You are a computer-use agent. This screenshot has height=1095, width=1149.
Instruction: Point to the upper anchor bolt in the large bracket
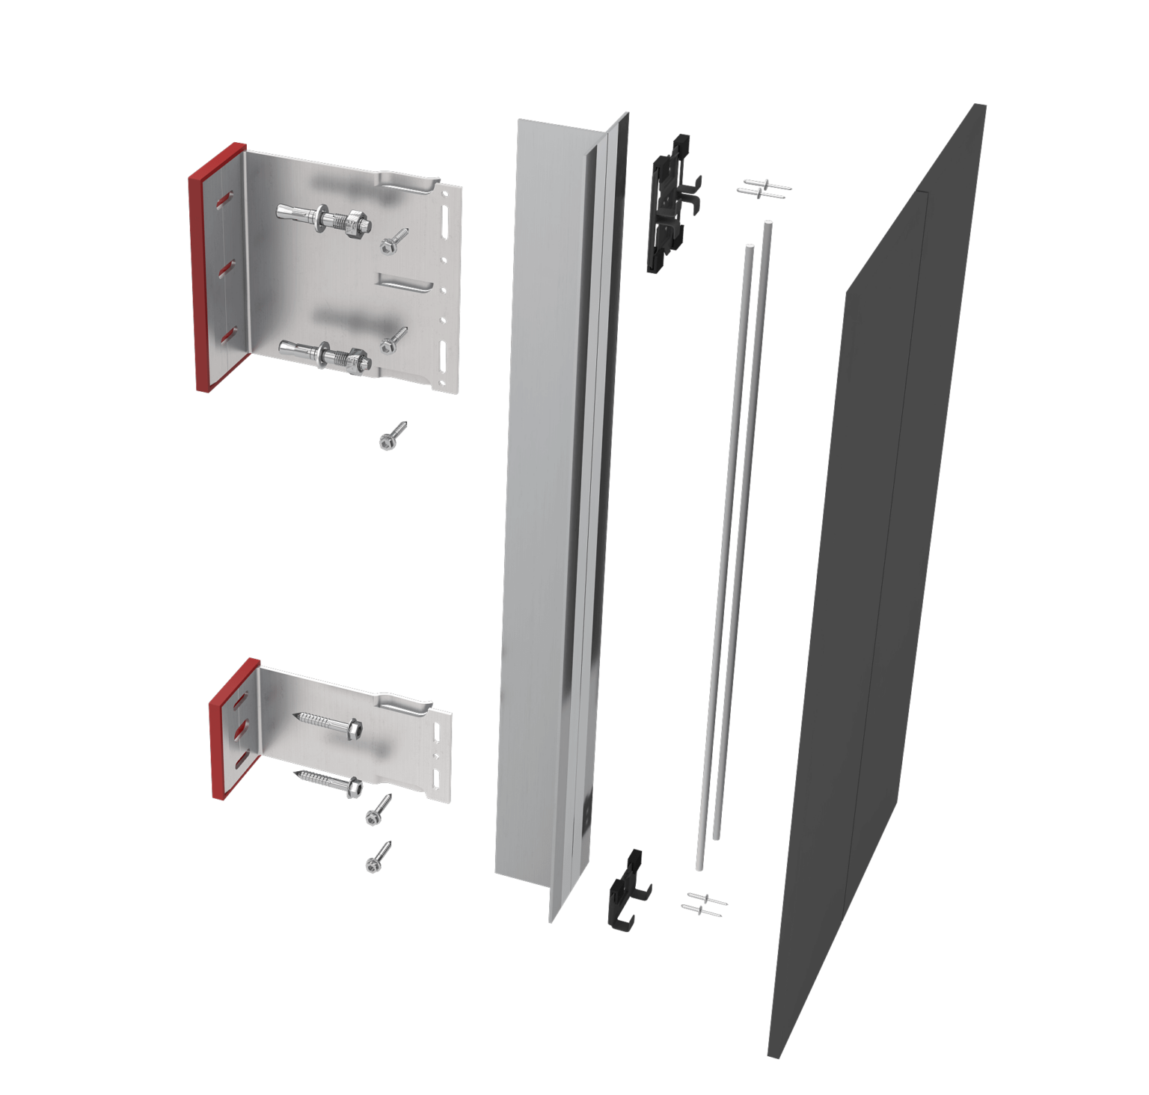pyautogui.click(x=322, y=218)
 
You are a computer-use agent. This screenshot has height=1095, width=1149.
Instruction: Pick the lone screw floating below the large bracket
pyautogui.click(x=393, y=436)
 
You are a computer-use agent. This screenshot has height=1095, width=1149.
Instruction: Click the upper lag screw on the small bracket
pyautogui.click(x=329, y=723)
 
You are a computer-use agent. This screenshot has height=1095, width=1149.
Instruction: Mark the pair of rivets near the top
pyautogui.click(x=764, y=188)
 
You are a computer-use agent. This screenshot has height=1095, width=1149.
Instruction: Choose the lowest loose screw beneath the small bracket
pyautogui.click(x=379, y=857)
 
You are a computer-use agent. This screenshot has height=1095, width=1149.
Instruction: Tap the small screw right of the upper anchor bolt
pyautogui.click(x=393, y=240)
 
